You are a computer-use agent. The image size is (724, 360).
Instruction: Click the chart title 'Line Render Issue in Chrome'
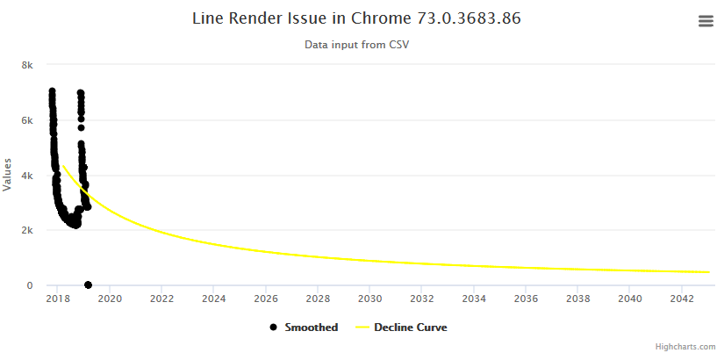pyautogui.click(x=356, y=18)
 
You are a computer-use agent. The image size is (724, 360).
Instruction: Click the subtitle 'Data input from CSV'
pyautogui.click(x=357, y=45)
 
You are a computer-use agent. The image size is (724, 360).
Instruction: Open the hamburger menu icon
pyautogui.click(x=706, y=21)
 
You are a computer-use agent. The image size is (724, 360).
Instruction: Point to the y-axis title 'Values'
pyautogui.click(x=8, y=174)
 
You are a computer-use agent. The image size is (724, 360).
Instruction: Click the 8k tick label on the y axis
pyautogui.click(x=27, y=65)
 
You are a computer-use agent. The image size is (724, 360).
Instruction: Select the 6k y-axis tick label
pyautogui.click(x=27, y=120)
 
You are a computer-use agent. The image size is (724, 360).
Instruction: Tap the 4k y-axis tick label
pyautogui.click(x=27, y=176)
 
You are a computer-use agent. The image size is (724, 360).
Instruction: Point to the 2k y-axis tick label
pyautogui.click(x=27, y=231)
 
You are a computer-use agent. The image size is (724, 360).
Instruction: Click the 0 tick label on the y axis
pyautogui.click(x=30, y=286)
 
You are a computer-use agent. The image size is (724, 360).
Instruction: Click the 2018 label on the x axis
pyautogui.click(x=58, y=299)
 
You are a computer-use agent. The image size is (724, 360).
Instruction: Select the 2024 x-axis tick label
pyautogui.click(x=214, y=299)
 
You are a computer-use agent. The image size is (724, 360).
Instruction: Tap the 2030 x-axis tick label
pyautogui.click(x=370, y=299)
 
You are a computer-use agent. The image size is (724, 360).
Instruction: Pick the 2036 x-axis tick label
pyautogui.click(x=526, y=299)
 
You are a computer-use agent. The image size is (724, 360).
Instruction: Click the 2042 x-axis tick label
pyautogui.click(x=682, y=299)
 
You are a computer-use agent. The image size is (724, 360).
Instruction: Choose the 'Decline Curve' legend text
pyautogui.click(x=411, y=328)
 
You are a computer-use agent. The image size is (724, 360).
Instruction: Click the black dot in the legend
pyautogui.click(x=274, y=328)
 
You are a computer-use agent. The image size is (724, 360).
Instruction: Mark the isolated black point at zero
pyautogui.click(x=88, y=284)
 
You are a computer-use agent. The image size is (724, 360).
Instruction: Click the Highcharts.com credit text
pyautogui.click(x=692, y=347)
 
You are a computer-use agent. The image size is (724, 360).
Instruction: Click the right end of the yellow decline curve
pyautogui.click(x=707, y=272)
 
